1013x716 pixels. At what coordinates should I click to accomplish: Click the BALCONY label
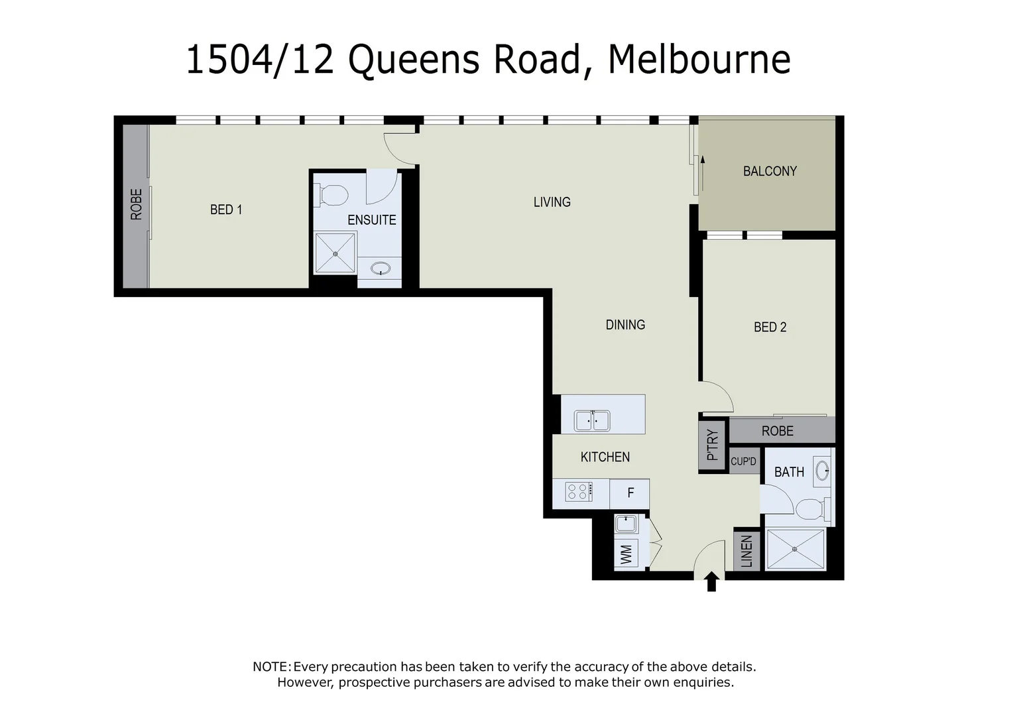pos(769,171)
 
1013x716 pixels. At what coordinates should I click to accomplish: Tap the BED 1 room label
pos(225,209)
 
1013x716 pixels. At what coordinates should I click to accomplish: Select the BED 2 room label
pos(770,327)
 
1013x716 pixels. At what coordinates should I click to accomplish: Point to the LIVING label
pos(552,202)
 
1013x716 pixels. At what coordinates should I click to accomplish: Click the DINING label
pos(625,325)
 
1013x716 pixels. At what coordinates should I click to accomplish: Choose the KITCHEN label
pos(605,457)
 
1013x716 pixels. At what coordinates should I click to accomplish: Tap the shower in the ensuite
pos(335,253)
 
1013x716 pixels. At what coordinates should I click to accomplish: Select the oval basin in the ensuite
pos(381,268)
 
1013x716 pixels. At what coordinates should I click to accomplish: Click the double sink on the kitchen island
pos(592,421)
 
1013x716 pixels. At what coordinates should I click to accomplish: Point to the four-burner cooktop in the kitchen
pos(579,492)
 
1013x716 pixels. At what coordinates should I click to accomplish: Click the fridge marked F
pos(630,493)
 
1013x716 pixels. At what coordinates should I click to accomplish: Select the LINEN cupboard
pos(746,551)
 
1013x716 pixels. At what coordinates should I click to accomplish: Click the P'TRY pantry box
pos(713,445)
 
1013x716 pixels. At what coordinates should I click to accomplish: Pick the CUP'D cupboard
pos(743,461)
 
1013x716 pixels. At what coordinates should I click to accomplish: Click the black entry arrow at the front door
pos(711,582)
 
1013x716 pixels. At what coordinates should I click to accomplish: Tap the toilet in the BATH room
pos(809,510)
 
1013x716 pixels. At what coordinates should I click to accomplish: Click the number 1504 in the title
pos(229,60)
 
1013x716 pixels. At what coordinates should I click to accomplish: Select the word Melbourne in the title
pos(699,60)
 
